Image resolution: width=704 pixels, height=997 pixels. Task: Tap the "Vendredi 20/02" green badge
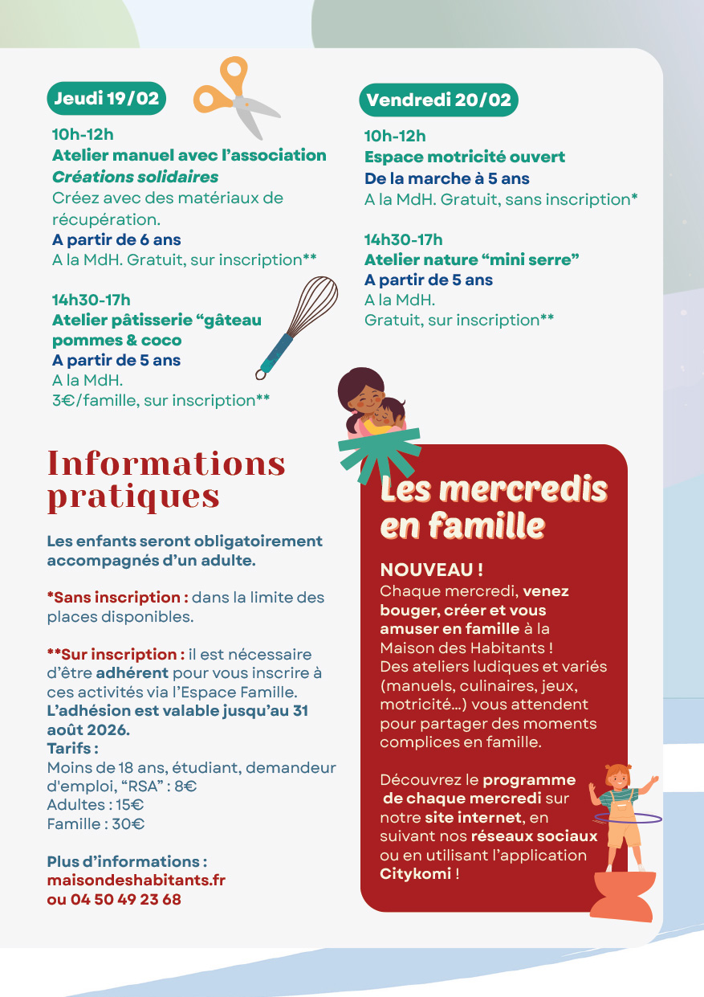pos(438,100)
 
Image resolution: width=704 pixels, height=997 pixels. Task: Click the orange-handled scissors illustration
pos(233,94)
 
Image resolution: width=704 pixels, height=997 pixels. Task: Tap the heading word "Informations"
pos(166,464)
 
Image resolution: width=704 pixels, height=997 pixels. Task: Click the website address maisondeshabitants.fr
pos(136,881)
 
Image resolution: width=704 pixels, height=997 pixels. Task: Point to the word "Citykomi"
pos(415,874)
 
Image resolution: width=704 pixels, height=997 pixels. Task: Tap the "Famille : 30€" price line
pos(96,823)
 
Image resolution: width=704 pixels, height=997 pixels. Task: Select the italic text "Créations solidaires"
pos(135,177)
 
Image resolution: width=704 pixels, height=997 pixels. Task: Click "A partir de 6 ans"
pos(116,239)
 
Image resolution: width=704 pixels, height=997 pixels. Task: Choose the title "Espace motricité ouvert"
pos(465,157)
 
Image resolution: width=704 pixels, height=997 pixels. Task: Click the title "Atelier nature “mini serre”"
pos(471,259)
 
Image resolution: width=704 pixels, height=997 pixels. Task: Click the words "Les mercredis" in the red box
pos(493,489)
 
